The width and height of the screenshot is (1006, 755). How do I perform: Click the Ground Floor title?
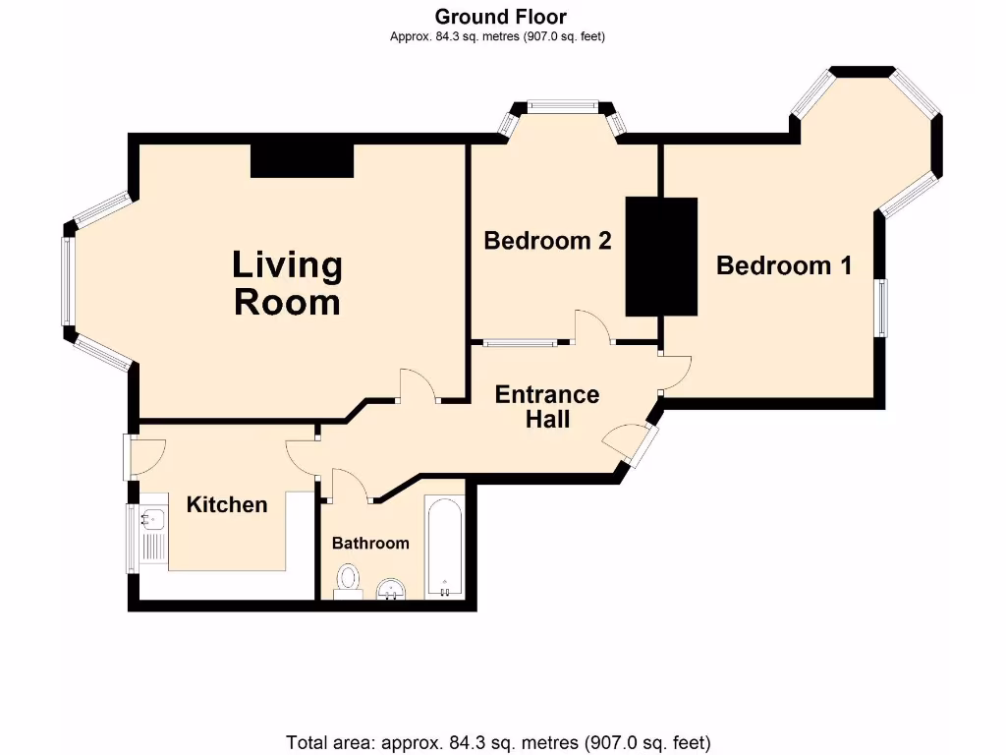click(500, 17)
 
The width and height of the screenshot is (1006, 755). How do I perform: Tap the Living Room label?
click(287, 283)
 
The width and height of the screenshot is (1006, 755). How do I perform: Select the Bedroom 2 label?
click(547, 241)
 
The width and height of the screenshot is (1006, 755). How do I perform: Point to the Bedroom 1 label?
click(783, 265)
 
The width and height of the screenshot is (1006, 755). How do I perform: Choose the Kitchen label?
click(227, 505)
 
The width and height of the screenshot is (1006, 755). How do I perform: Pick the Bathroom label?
click(369, 544)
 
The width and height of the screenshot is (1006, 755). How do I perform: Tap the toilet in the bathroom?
click(348, 580)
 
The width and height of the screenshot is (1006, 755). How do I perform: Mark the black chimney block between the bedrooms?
click(661, 257)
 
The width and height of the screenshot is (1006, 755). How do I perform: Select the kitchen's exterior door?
click(146, 455)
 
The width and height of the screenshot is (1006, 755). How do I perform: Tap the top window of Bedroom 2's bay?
click(562, 106)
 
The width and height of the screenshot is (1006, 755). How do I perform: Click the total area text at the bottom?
click(498, 742)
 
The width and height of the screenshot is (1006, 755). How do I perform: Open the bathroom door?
click(350, 486)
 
